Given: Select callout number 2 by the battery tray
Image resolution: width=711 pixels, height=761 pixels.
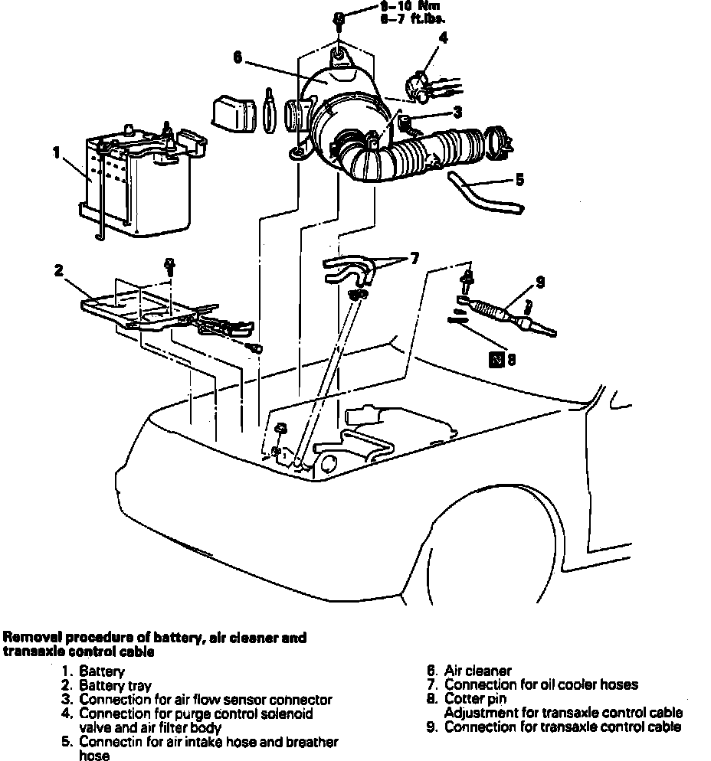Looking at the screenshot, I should (57, 269).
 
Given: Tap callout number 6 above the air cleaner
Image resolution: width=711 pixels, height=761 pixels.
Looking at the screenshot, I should (238, 57).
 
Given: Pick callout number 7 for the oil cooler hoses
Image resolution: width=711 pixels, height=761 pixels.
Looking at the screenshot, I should (414, 259).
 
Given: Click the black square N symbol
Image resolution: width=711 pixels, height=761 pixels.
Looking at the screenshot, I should (496, 358).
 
